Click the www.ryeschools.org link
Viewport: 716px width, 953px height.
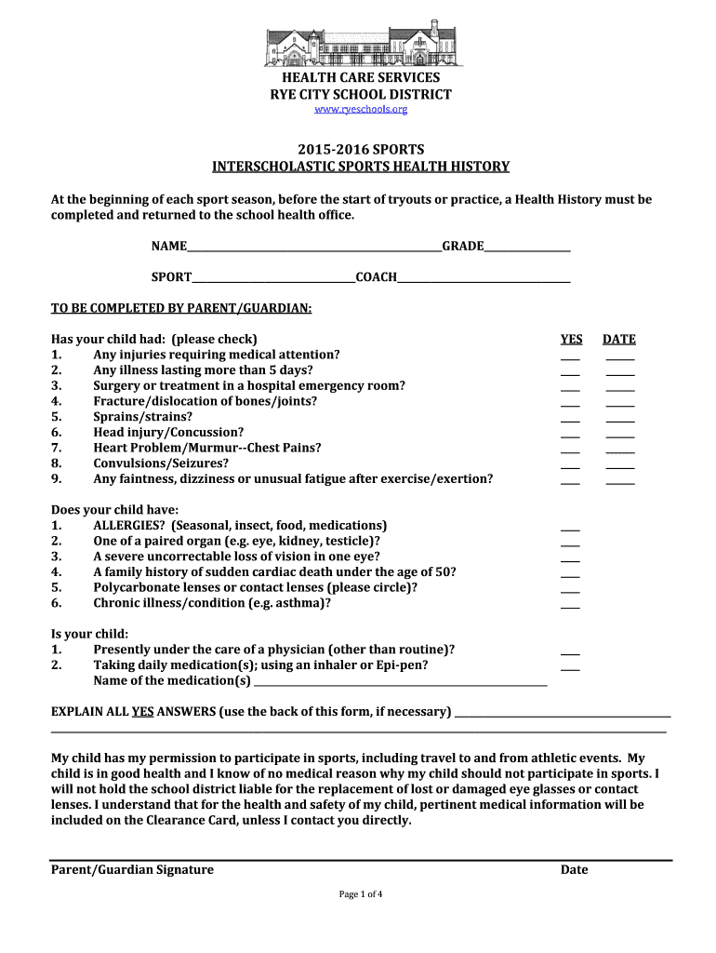coord(361,110)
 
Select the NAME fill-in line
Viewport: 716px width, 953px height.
coord(314,248)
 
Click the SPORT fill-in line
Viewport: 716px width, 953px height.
coord(273,279)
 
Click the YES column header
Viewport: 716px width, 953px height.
coord(571,340)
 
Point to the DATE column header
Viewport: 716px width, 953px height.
coord(619,340)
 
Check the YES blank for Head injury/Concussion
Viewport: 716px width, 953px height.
coord(570,435)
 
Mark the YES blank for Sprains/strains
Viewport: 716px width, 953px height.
coord(570,419)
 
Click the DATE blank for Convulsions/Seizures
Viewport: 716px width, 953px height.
coord(620,465)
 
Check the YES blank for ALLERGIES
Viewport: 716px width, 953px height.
coord(570,528)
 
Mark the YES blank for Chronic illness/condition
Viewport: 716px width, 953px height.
coord(570,606)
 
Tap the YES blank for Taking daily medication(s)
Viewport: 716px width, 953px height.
coord(570,667)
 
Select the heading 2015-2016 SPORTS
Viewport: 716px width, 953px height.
coord(361,150)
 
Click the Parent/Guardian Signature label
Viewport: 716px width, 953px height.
coord(132,870)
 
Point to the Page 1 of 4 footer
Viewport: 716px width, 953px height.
coord(361,894)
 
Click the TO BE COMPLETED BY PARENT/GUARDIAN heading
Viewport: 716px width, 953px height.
coord(181,308)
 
